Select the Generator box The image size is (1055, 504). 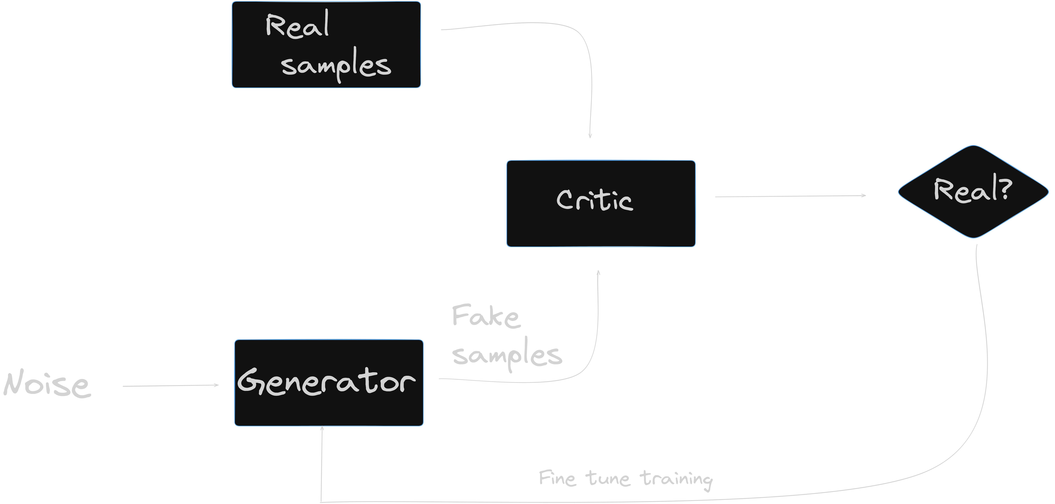click(328, 383)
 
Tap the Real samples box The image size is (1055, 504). click(326, 45)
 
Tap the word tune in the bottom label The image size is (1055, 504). click(608, 478)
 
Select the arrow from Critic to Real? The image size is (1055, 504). click(790, 196)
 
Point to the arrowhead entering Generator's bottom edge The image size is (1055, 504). click(322, 428)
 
